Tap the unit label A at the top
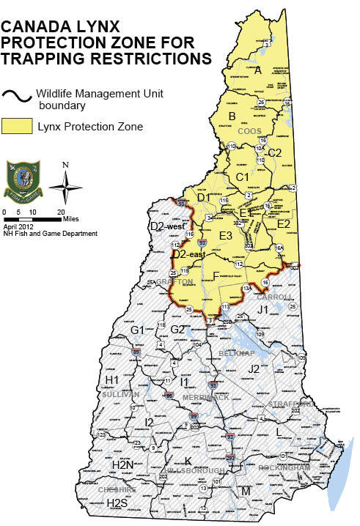(257, 70)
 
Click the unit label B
(232, 116)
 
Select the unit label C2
(274, 152)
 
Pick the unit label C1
(243, 177)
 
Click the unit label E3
(225, 235)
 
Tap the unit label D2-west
(166, 226)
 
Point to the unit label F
(215, 275)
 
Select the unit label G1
(137, 330)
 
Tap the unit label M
(245, 490)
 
